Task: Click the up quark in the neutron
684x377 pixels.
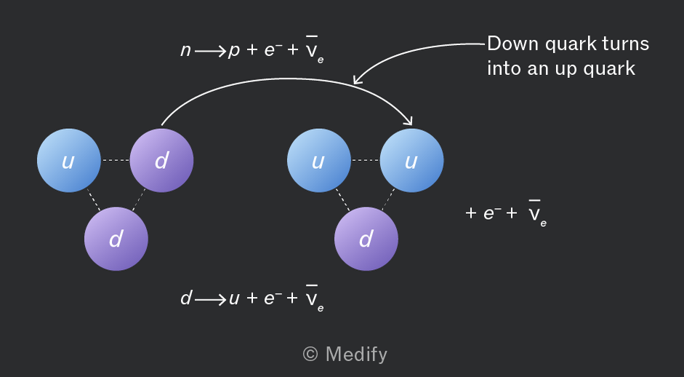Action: (68, 160)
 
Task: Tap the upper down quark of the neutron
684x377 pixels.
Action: (161, 160)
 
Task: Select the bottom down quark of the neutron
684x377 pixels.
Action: (116, 239)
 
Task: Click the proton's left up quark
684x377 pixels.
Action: (319, 160)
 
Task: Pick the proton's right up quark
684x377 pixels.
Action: (412, 160)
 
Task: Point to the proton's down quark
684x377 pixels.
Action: (366, 239)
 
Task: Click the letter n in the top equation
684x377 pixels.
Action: (186, 51)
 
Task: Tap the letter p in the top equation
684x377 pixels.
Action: (234, 52)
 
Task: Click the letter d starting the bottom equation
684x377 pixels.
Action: (186, 298)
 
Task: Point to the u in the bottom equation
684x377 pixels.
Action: (234, 299)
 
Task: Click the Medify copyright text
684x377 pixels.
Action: (345, 354)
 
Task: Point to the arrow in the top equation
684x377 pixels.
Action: (210, 52)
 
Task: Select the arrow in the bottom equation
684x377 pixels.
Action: (210, 300)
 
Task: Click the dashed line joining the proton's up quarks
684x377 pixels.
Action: (366, 160)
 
